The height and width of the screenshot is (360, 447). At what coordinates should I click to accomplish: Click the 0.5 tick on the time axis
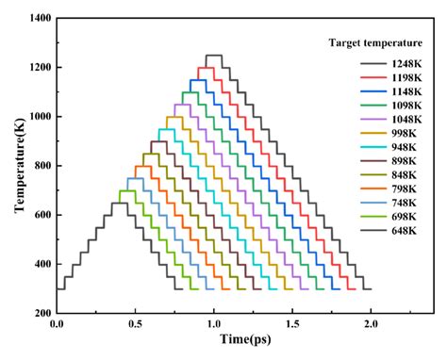pyautogui.click(x=136, y=326)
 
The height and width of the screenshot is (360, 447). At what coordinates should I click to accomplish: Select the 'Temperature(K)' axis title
pyautogui.click(x=16, y=166)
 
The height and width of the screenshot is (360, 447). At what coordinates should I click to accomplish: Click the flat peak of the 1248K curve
pyautogui.click(x=214, y=56)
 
